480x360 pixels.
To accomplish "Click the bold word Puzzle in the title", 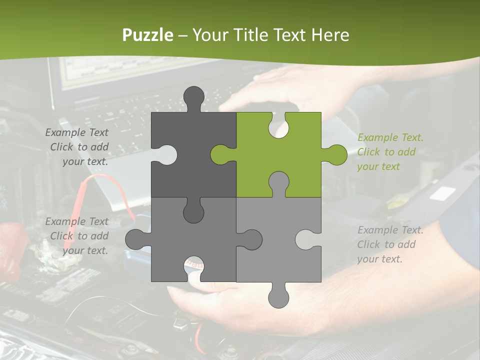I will point(148,35).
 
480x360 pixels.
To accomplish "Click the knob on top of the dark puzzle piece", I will point(194,97).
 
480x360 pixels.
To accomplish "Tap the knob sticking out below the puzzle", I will point(278,296).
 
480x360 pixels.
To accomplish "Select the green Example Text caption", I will point(390,152).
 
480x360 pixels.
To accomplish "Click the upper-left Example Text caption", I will point(77,147).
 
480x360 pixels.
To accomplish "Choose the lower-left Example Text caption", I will point(77,236).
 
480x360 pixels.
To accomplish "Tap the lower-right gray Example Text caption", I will point(390,244).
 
